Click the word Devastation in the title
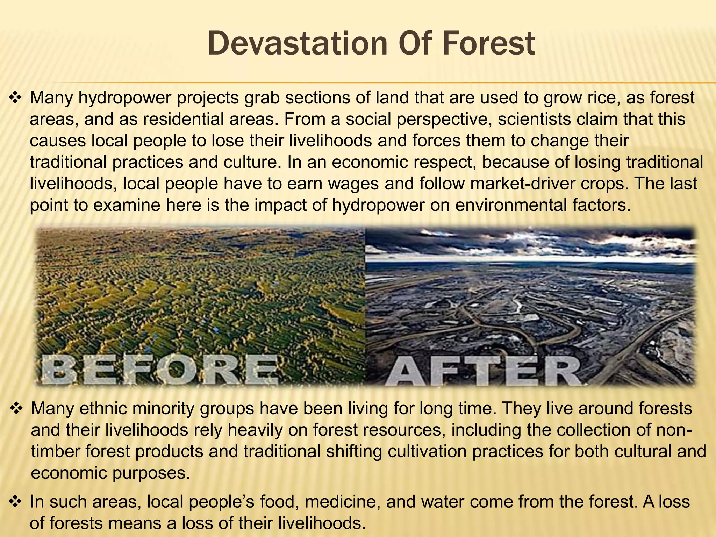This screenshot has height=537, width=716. coord(298,44)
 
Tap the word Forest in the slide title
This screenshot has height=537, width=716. coord(489,44)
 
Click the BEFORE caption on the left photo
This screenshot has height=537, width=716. coord(159,370)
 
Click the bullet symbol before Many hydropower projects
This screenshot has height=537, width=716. coord(15,98)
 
